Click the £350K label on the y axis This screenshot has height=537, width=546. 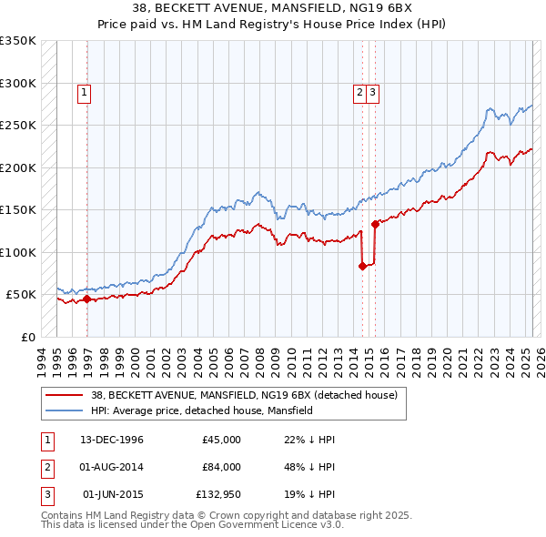[18, 41]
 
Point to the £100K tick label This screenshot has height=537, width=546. [18, 252]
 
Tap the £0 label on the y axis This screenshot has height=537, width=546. [27, 337]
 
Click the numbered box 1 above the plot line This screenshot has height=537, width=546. [85, 91]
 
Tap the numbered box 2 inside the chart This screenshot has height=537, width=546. [360, 91]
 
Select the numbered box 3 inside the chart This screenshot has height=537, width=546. [373, 91]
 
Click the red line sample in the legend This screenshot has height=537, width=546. [63, 396]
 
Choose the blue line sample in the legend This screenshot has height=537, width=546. [63, 410]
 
